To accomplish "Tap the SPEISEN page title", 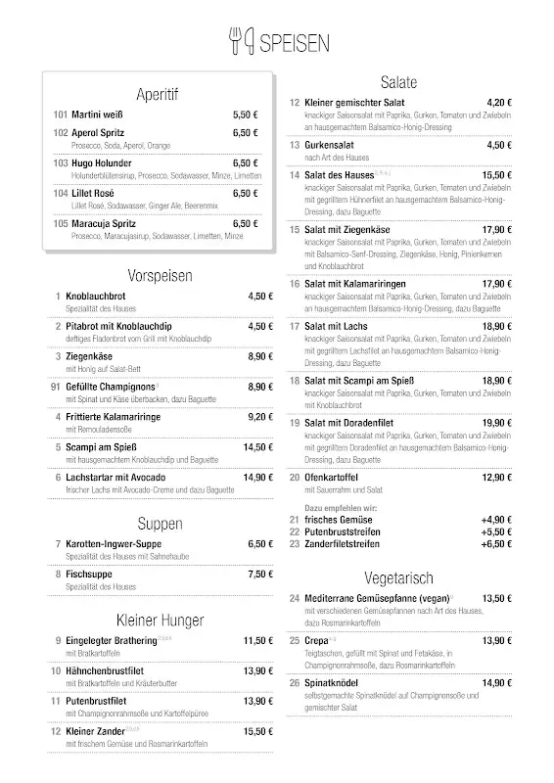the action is click(x=295, y=41).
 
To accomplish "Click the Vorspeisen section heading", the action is click(x=160, y=275).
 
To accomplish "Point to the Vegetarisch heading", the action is click(x=398, y=577).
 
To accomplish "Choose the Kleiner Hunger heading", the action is click(x=160, y=620).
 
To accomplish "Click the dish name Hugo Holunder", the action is click(x=102, y=162).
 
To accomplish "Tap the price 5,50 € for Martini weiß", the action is click(x=245, y=115).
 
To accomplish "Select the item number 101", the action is click(x=61, y=115).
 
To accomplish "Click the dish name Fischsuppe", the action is click(x=90, y=574).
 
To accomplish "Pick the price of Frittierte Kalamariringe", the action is click(x=259, y=416).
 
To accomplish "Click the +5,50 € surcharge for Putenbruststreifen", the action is click(x=496, y=531).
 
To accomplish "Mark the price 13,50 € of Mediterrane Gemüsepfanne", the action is click(x=496, y=598).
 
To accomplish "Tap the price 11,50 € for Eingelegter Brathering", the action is click(x=258, y=640).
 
